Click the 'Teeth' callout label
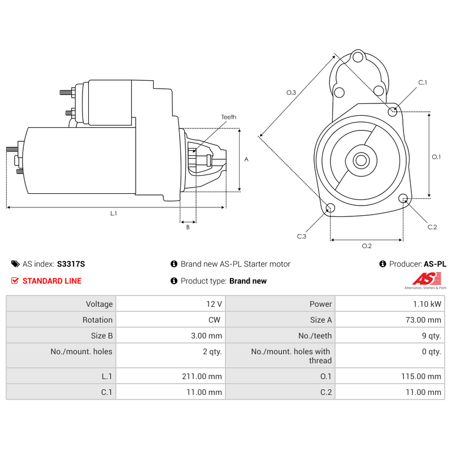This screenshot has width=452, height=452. point(228,117)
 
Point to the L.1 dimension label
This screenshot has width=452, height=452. point(114,214)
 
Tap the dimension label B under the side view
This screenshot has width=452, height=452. point(188,227)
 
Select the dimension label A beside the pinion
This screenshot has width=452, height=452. point(246,159)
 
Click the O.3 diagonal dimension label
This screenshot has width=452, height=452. point(291,92)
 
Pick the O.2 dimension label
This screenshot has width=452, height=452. point(366,246)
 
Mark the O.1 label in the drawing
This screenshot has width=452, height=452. point(436,157)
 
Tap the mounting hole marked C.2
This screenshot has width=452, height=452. point(403,198)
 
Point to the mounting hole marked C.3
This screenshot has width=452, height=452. point(331,208)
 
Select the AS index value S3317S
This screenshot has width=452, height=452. point(71,264)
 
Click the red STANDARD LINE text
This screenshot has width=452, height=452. point(52,281)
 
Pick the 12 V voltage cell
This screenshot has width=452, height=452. point(214,304)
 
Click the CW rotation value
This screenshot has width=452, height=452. point(214,320)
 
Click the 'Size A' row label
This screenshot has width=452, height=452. point(321,320)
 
